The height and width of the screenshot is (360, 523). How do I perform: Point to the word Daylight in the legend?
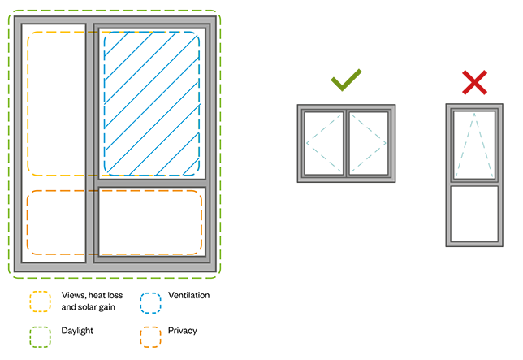click(77, 331)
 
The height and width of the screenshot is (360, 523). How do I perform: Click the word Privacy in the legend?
click(184, 331)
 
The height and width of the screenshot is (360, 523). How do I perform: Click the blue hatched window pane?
click(152, 103)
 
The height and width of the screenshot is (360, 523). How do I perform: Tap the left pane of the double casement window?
click(323, 141)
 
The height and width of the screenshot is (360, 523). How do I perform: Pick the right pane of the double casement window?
click(370, 141)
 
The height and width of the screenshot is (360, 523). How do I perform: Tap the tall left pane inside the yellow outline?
click(57, 106)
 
